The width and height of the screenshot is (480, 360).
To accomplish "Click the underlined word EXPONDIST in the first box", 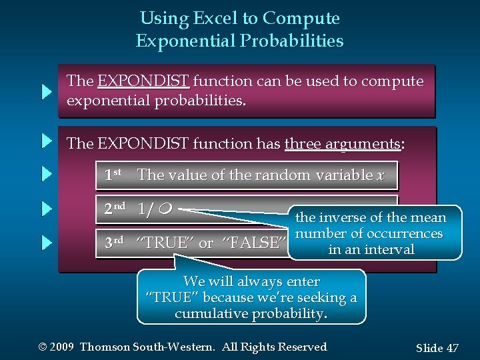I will pos(143,81).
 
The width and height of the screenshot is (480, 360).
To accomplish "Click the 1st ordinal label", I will pos(112,175).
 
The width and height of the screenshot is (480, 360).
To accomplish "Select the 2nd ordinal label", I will pos(114,208).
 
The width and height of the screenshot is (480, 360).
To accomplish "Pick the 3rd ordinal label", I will pos(114,243).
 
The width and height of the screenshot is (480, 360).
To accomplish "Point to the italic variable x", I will pos(381,175).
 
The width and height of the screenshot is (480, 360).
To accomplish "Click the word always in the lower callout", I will pos(256,282).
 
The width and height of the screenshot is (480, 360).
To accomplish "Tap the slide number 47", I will pos(452,348).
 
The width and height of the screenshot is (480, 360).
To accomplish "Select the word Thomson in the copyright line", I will pos(106,347).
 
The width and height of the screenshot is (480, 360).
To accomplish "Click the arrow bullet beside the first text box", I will pos(46,91).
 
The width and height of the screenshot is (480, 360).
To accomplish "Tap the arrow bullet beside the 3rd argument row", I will pos(46,243).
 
